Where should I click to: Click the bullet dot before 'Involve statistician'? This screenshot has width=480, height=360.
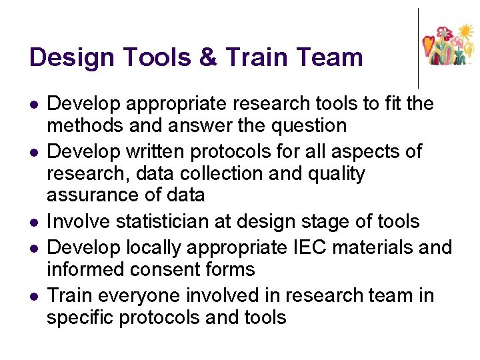click(33, 223)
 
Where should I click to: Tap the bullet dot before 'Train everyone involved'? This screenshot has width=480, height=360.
click(33, 296)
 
